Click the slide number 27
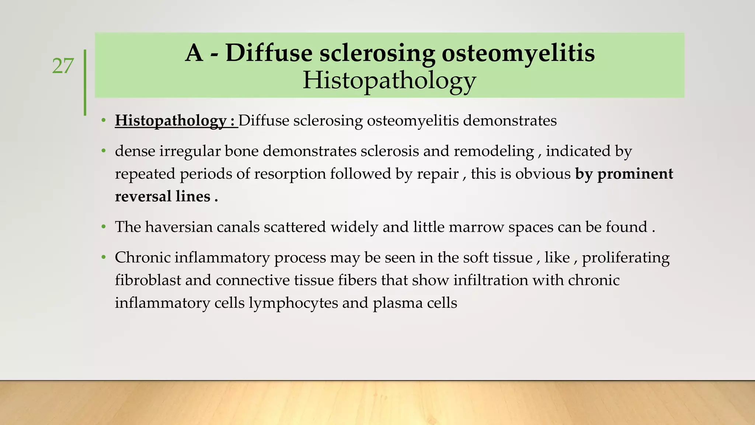(x=63, y=66)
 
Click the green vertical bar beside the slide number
(x=85, y=82)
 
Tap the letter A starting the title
(x=194, y=53)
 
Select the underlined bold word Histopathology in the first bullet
(x=170, y=121)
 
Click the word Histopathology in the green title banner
(x=389, y=80)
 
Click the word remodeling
(x=494, y=151)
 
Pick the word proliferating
(x=626, y=258)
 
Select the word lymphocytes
(x=293, y=303)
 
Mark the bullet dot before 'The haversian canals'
(x=104, y=227)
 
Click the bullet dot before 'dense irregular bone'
(x=104, y=151)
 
